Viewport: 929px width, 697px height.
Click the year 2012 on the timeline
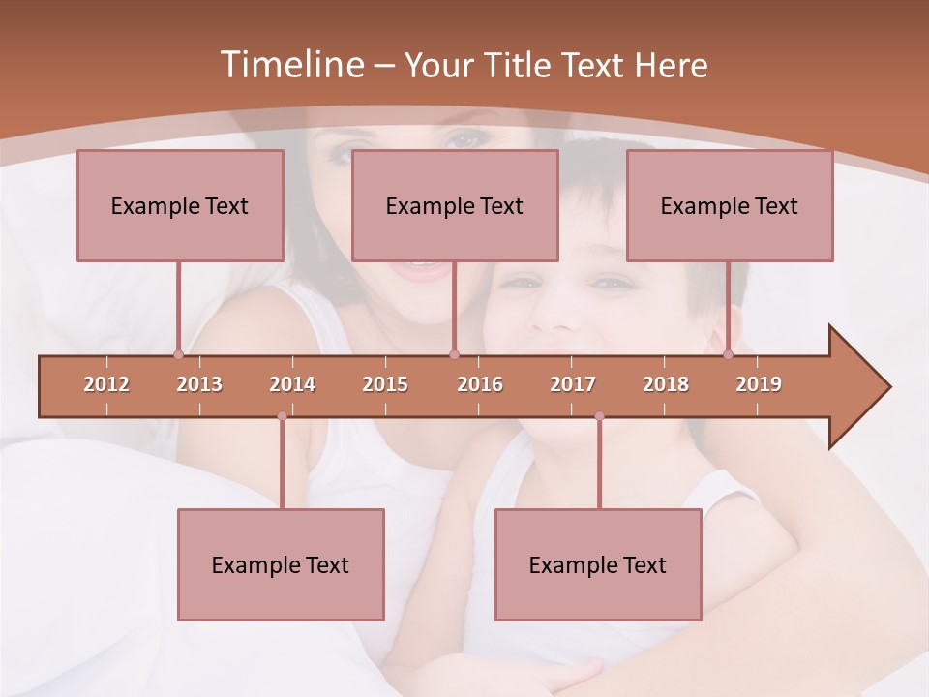pos(106,384)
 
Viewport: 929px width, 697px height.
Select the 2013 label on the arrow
pos(199,384)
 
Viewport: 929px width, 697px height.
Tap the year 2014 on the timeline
pos(292,384)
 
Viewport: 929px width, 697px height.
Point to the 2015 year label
pos(385,384)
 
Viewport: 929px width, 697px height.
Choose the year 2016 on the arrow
pos(480,384)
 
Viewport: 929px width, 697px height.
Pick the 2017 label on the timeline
pos(573,384)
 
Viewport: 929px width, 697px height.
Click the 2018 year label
pos(666,384)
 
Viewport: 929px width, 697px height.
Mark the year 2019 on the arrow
pos(759,384)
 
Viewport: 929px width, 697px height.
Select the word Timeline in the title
pos(289,65)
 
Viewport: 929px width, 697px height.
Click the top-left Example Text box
pos(180,205)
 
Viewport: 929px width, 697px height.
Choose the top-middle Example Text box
pos(455,205)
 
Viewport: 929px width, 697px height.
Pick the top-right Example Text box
pos(730,205)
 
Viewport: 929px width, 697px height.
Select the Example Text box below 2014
pos(281,564)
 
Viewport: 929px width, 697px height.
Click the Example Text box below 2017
pos(598,564)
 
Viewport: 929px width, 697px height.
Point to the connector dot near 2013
pos(178,354)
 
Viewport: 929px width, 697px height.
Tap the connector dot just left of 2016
pos(455,354)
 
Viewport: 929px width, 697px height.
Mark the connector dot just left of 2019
pos(729,354)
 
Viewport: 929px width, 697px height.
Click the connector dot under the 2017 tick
pos(599,416)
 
